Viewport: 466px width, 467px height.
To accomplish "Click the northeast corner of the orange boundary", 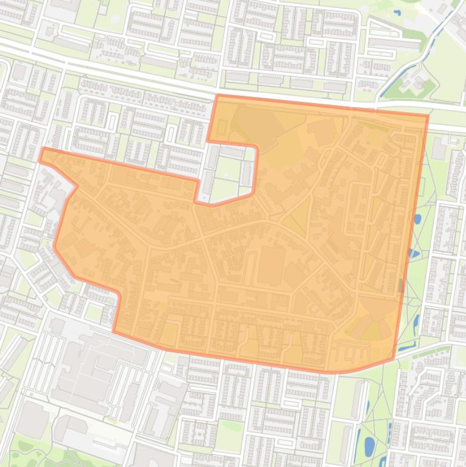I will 428,115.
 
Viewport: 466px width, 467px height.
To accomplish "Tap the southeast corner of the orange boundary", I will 394,358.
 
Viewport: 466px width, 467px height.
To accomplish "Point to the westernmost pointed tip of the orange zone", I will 41,155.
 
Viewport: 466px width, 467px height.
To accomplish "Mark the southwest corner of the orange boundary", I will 114,331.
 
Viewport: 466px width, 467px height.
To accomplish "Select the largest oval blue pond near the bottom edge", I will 368,446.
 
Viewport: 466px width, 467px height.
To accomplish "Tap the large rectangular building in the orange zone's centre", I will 271,266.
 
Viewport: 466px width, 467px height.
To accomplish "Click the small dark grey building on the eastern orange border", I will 401,285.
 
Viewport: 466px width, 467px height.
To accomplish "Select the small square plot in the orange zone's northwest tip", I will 221,127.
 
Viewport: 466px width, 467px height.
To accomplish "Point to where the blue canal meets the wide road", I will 380,100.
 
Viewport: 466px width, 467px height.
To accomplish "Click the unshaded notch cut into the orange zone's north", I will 230,173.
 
